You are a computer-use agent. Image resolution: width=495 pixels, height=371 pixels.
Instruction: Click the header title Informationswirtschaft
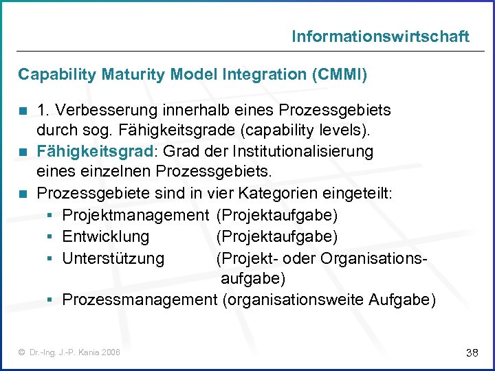[380, 36]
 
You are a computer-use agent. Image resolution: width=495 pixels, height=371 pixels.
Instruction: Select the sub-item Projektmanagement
[135, 216]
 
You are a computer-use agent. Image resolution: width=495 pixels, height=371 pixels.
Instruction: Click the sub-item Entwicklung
[105, 237]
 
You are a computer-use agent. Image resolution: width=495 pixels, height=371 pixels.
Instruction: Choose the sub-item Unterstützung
[113, 258]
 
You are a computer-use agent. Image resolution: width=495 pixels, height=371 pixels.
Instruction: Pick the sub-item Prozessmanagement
[139, 300]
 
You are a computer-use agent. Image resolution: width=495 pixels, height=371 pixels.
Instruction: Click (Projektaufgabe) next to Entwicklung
[277, 237]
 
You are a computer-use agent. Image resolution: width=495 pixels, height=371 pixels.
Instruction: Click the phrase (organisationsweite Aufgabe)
[329, 300]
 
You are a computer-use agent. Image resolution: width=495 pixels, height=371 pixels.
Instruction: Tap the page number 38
[472, 352]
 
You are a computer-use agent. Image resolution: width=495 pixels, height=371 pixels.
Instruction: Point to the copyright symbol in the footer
[23, 352]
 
